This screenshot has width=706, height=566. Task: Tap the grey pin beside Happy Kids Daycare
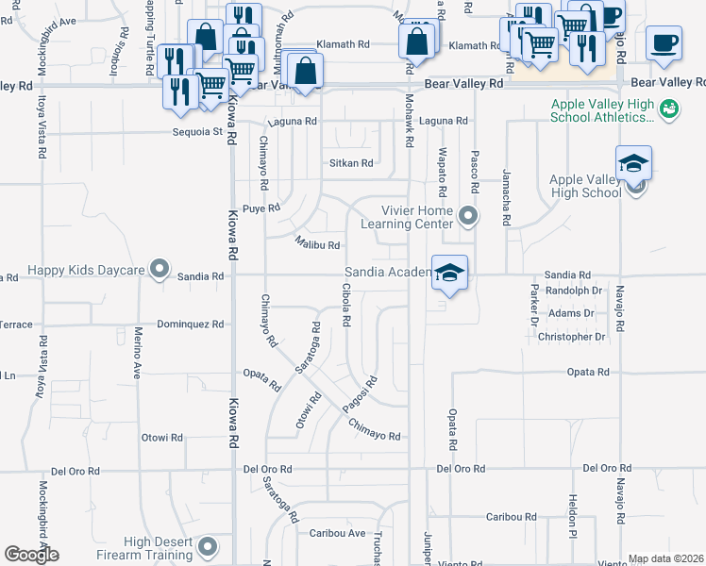(160, 271)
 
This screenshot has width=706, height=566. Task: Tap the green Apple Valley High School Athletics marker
(669, 109)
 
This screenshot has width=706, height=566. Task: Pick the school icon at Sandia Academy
(450, 273)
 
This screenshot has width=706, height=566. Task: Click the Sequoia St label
(197, 132)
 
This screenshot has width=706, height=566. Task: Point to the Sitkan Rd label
(351, 163)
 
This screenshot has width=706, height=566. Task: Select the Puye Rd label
(261, 208)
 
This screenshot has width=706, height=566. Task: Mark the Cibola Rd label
(346, 305)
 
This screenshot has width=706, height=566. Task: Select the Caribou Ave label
(338, 533)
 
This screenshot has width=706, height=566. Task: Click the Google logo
(31, 554)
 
